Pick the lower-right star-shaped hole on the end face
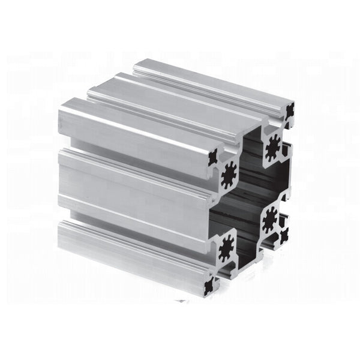pos(271,220)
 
